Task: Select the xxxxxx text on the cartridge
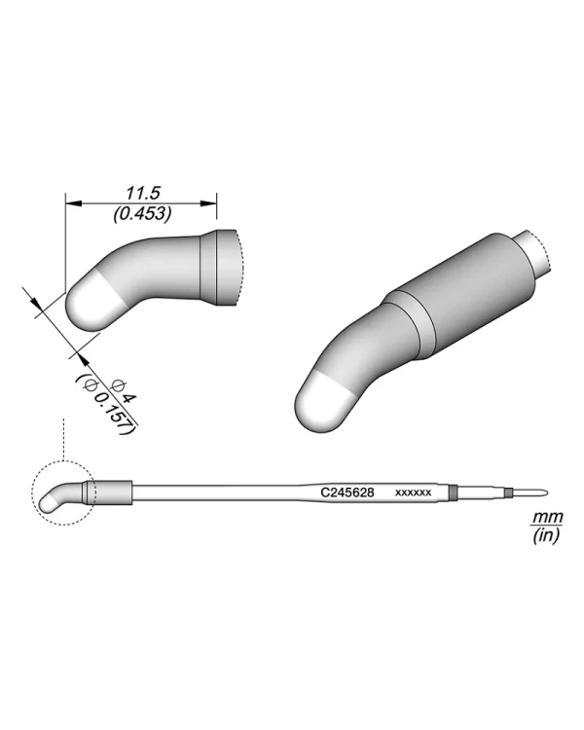(x=413, y=493)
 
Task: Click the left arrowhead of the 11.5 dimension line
(x=70, y=203)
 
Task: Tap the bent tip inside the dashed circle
(x=56, y=498)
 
